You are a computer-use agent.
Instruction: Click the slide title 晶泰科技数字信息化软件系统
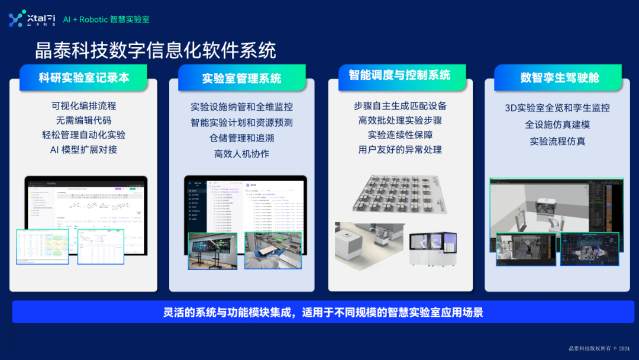coord(155,51)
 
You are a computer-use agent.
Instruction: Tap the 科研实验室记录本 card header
coord(83,78)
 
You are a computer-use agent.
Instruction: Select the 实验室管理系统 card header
coord(241,78)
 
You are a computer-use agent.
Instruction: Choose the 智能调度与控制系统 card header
coord(399,75)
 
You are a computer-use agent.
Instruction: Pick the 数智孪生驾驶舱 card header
coord(559,78)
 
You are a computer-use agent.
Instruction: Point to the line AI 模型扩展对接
coord(83,149)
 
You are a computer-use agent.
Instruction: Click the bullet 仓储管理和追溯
coord(241,138)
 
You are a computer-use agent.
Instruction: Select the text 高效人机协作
coord(241,153)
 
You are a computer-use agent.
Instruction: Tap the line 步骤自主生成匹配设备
coord(400,106)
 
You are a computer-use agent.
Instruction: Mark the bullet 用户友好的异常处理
coord(400,149)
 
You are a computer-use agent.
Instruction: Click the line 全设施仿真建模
coord(557,124)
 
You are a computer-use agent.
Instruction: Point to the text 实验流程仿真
coord(557,141)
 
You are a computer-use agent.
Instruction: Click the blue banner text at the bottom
coord(323,312)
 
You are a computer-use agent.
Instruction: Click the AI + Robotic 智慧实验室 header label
coord(106,20)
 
